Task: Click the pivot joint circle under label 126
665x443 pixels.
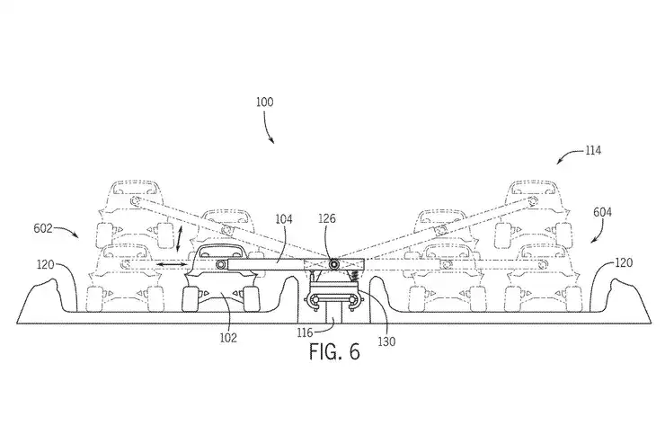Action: pyautogui.click(x=333, y=264)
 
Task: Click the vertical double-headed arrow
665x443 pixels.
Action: pyautogui.click(x=181, y=240)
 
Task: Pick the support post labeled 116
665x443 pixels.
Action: pyautogui.click(x=332, y=317)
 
